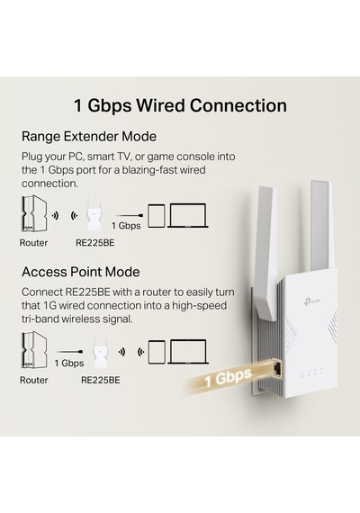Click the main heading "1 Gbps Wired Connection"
point(180,105)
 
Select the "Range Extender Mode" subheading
point(89,136)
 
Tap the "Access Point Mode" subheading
point(81,272)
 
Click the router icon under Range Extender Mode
point(34,214)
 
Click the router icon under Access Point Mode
point(34,349)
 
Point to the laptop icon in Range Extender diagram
point(188,215)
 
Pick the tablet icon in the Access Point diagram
point(157,352)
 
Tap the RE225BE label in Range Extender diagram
point(95,243)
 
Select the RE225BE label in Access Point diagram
point(101,380)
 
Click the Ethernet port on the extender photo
point(277,369)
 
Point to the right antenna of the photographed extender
point(320,226)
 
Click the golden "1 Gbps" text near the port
point(228,377)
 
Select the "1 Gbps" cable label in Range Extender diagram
point(126,225)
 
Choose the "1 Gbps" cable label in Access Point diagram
point(69,364)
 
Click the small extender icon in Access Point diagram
point(100,350)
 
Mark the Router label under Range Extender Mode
point(33,243)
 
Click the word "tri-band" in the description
point(40,319)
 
